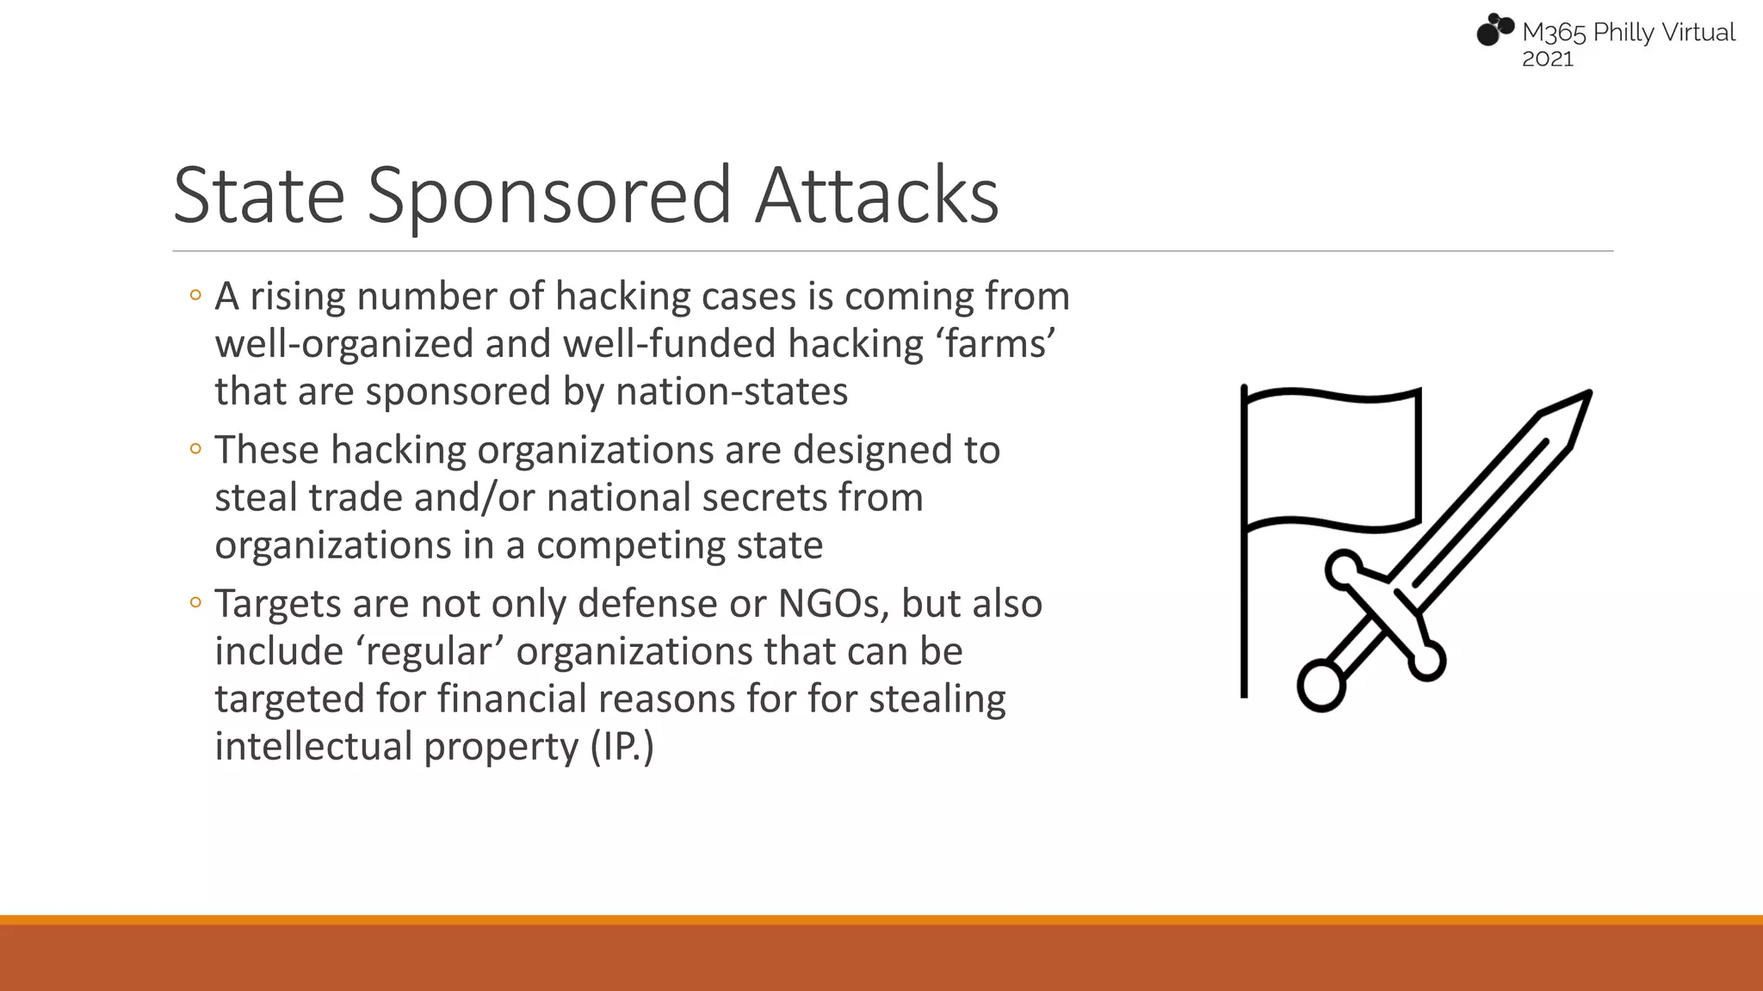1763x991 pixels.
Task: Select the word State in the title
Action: click(x=258, y=195)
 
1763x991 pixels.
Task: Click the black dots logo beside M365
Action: click(x=1494, y=30)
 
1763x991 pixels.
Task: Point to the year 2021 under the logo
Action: click(x=1547, y=59)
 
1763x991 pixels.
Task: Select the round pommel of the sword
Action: click(x=1321, y=685)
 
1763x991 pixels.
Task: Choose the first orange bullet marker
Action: click(x=195, y=296)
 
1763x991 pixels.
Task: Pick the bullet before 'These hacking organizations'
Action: click(x=195, y=449)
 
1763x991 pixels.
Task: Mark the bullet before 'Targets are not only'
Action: click(x=195, y=603)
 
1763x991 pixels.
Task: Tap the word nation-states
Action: click(x=732, y=391)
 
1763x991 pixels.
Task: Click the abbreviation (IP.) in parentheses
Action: click(x=622, y=746)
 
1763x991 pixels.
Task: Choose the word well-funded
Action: click(x=669, y=344)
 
